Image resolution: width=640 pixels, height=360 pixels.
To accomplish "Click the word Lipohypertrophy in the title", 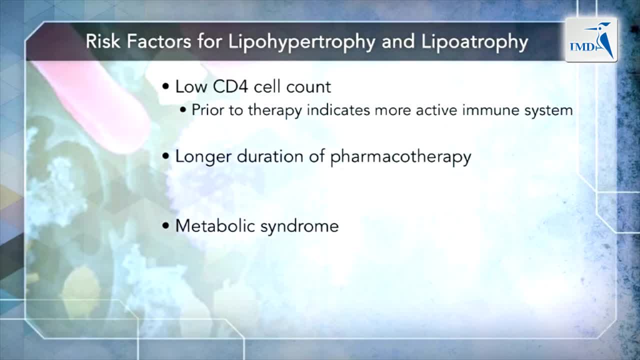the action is (x=301, y=42).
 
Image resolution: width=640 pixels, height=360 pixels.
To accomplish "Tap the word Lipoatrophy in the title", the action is (x=474, y=42).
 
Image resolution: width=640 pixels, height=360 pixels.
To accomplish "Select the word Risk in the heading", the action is (x=103, y=41).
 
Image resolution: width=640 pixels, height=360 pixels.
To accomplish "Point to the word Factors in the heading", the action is (x=159, y=41).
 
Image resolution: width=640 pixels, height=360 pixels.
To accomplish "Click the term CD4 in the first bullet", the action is (x=230, y=86).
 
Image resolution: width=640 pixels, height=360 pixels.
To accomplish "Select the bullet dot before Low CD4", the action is (x=165, y=86).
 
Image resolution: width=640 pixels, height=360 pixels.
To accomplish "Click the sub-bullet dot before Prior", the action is (x=183, y=109).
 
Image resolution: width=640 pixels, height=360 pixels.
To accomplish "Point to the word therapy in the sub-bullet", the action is (x=275, y=111).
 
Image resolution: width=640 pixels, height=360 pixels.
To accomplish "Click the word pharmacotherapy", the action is (x=401, y=157).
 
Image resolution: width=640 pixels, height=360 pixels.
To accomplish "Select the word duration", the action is (x=270, y=156).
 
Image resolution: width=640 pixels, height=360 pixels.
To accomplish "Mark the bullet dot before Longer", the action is (x=165, y=156).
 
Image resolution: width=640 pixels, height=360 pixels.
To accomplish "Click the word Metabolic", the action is (x=215, y=226).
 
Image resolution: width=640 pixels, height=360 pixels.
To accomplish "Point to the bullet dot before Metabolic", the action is (x=165, y=225).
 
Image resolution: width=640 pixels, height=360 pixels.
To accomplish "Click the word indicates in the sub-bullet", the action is (x=338, y=110).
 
